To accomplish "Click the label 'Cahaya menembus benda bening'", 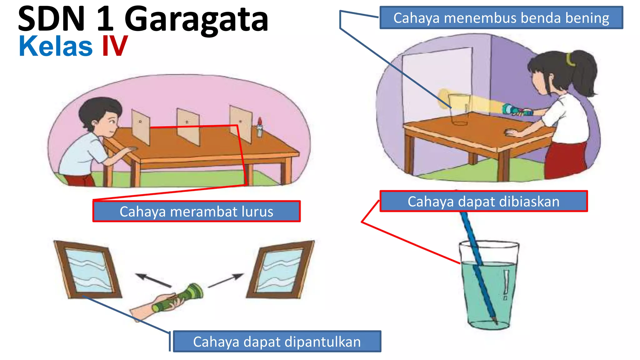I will point(501,18).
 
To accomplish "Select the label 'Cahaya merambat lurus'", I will point(196,212).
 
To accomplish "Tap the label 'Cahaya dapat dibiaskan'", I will point(483,201).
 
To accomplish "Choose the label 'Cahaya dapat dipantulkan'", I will point(277,342).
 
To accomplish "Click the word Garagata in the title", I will point(196,19).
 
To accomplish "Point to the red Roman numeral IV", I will point(115,46).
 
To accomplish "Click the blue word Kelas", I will point(56,46).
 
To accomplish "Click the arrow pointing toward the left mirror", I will point(153,280).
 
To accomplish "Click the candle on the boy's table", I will point(259,127).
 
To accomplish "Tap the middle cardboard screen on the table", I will point(188,127).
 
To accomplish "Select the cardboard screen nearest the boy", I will point(141,127).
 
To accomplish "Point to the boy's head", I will point(100,114).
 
